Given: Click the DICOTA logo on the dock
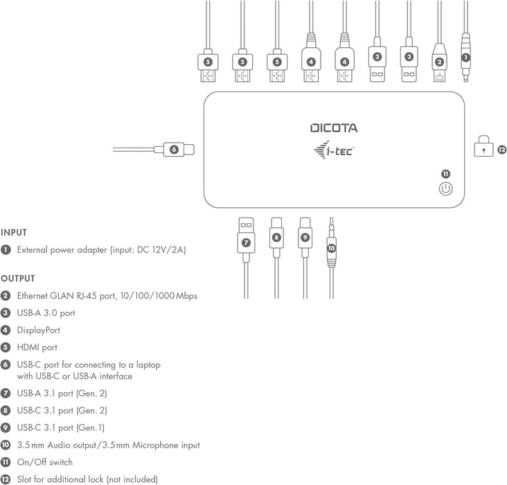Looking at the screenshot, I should pyautogui.click(x=334, y=128).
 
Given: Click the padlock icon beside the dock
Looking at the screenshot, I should pyautogui.click(x=483, y=148).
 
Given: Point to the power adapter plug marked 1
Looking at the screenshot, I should pyautogui.click(x=465, y=58).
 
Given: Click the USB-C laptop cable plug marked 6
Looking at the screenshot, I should pyautogui.click(x=178, y=148).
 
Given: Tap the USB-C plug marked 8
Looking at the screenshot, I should pyautogui.click(x=276, y=237).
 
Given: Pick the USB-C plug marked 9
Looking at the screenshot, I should pyautogui.click(x=305, y=237).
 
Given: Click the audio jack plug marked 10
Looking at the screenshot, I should pyautogui.click(x=331, y=246).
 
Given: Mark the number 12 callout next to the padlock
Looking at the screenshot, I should pyautogui.click(x=501, y=148).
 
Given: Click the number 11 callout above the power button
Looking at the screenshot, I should pyautogui.click(x=445, y=173).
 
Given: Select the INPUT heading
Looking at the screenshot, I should pyautogui.click(x=13, y=233).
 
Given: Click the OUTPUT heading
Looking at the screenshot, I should pyautogui.click(x=17, y=279).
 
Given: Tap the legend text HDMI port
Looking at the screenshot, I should pyautogui.click(x=37, y=347).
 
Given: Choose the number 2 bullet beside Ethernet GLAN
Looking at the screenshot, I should pyautogui.click(x=6, y=296).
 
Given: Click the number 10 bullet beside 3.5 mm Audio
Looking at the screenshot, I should pyautogui.click(x=6, y=445).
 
